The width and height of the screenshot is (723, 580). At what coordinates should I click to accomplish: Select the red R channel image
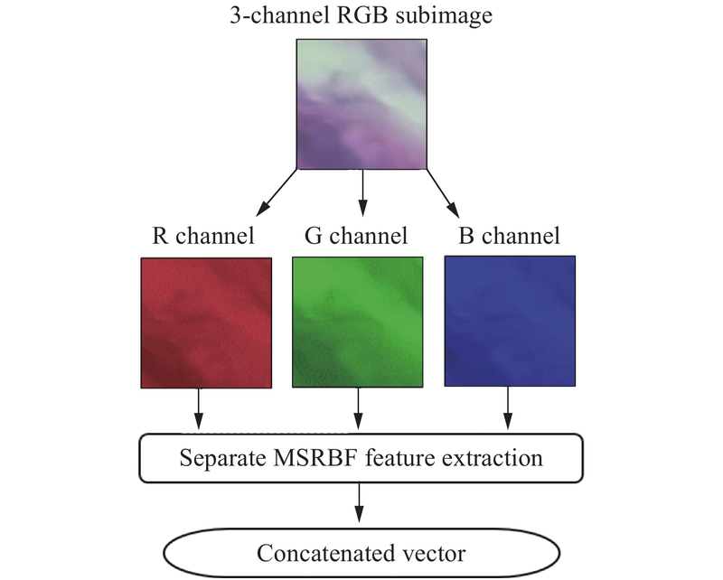click(207, 322)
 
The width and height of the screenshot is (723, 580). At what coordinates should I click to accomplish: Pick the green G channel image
click(358, 322)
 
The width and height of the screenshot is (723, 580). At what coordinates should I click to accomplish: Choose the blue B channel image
click(509, 322)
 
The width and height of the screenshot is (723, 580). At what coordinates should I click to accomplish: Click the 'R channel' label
click(202, 237)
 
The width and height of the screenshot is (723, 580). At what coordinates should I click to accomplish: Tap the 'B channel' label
click(509, 237)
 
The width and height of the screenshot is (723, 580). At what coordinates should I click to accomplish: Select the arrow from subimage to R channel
click(276, 192)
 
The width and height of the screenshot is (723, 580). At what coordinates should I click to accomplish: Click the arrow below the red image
click(199, 409)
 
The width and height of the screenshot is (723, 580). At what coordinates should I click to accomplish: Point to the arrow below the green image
click(358, 409)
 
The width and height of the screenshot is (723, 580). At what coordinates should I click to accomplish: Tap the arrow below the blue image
click(508, 409)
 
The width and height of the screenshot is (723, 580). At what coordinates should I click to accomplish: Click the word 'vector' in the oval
click(435, 552)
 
